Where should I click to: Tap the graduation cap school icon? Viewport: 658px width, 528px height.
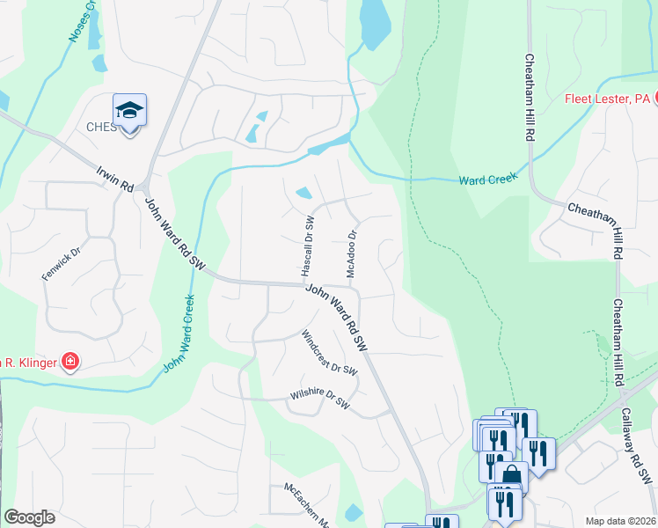pos(129,111)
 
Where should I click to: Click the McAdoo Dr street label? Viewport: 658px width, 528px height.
pos(352,254)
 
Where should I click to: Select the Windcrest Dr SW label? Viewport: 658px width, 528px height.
pos(330,353)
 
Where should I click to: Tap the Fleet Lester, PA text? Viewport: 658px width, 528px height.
pos(605,99)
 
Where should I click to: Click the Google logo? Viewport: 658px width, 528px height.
pos(29,517)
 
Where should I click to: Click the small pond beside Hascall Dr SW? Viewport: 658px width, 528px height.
pos(303,193)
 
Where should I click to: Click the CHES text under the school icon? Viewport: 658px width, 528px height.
pos(101,127)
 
